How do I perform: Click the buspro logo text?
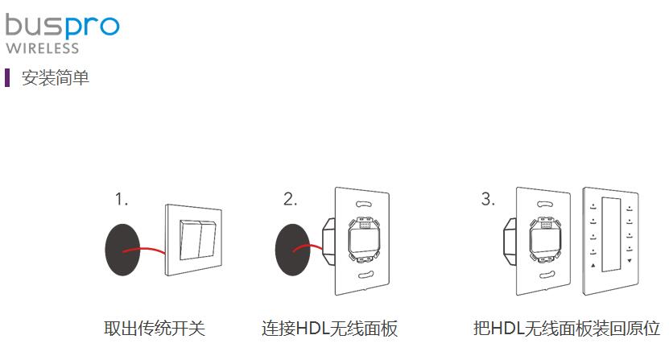coord(61,26)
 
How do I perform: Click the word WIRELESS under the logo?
coord(43,48)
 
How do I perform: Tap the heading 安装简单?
coord(56,78)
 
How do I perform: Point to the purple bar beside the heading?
coord(8,78)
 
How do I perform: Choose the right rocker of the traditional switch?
coord(206,239)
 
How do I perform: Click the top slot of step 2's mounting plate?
coord(362,204)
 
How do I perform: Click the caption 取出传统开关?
coord(155,329)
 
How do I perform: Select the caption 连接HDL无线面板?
coord(329,329)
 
